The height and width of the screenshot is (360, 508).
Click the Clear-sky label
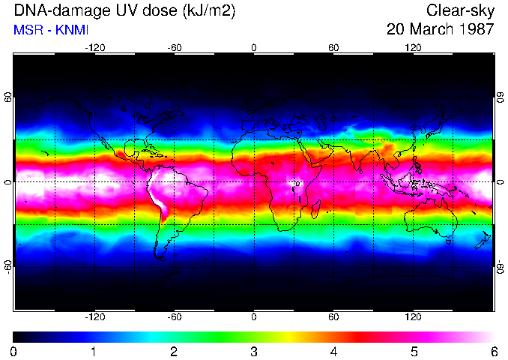pos(460,10)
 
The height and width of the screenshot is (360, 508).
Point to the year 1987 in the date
pos(476,30)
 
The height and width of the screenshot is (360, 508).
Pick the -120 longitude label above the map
pos(94,48)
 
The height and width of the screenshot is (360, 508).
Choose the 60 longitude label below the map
pos(333,317)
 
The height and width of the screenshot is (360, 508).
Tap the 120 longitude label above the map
pos(413,48)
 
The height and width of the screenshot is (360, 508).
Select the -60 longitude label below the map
pos(174,317)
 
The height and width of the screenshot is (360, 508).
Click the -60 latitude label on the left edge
pos(8,266)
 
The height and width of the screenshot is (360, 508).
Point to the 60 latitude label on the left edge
pos(8,97)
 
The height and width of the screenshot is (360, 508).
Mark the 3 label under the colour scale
pos(253,351)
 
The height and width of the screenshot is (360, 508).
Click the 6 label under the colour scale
pos(493,351)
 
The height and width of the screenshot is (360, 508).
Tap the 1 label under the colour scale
pos(94,351)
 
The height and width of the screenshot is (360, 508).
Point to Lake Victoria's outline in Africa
pos(297,183)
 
